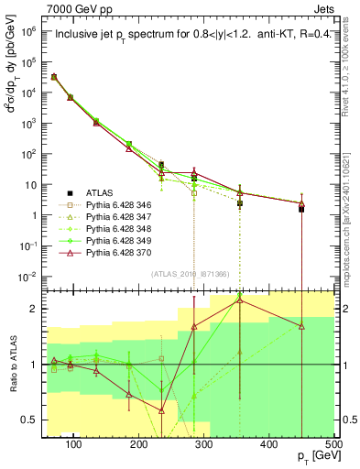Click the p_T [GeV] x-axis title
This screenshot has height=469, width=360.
[x=311, y=457]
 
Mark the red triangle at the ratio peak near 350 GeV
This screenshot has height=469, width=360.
[x=240, y=299]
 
